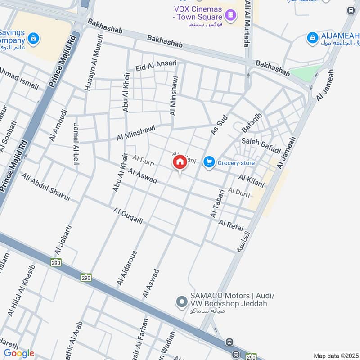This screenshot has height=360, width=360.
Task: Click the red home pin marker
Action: pos(179,162)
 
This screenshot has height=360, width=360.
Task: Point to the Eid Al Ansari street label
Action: pos(156,66)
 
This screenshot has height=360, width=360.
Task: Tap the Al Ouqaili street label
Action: pos(128,216)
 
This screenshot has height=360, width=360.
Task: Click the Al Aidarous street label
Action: pos(126,268)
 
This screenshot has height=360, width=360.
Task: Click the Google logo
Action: pos(19,353)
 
